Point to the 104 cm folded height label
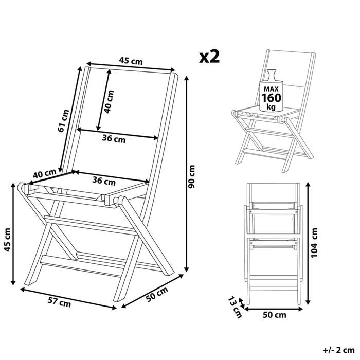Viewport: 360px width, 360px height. point(314,241)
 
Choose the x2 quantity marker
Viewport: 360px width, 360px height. point(210,57)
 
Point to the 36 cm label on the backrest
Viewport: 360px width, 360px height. point(113,138)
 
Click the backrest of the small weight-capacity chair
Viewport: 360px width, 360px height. point(296,72)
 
